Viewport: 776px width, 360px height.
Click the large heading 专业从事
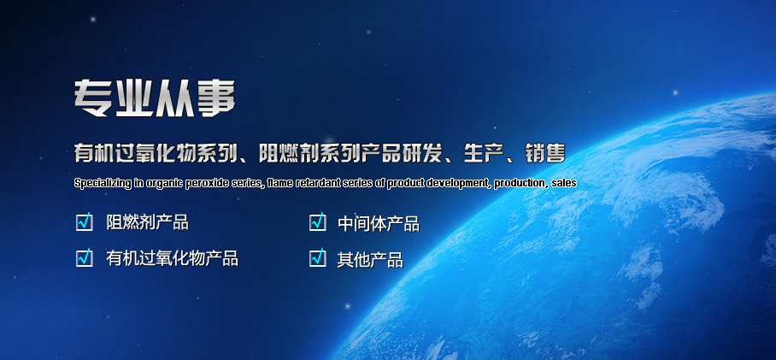click(155, 98)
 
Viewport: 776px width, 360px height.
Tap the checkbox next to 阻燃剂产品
click(85, 222)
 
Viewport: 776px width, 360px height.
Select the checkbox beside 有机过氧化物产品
click(85, 258)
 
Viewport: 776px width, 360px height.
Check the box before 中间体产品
click(318, 222)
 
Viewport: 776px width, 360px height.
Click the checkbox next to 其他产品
click(318, 258)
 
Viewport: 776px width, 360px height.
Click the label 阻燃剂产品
click(148, 223)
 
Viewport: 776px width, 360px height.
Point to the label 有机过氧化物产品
click(173, 258)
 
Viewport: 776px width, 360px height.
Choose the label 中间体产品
click(379, 224)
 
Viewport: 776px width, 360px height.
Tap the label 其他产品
click(370, 259)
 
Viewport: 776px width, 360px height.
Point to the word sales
click(564, 183)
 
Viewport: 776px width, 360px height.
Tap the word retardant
click(315, 183)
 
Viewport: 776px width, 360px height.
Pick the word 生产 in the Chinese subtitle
click(482, 154)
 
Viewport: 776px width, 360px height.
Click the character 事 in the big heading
click(216, 98)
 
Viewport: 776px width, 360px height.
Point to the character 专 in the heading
click(93, 98)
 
